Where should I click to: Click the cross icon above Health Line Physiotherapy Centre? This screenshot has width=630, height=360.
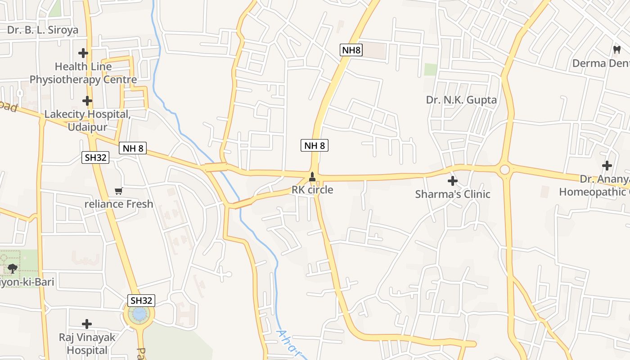pos(83,53)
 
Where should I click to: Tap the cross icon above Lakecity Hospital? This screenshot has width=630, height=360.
pos(87,101)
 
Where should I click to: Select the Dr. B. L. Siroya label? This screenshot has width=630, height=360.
pos(43,30)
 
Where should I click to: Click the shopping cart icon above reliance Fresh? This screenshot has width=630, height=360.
pos(119,191)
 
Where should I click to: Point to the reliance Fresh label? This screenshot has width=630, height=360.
pos(119,204)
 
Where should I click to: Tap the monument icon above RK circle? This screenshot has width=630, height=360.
pos(312,177)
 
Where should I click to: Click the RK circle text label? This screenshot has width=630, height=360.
pos(312,190)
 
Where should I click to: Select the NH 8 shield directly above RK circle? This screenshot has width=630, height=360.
pos(314,145)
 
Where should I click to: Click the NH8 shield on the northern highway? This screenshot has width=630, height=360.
pos(351,50)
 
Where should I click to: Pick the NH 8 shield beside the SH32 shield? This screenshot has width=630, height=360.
pos(133,148)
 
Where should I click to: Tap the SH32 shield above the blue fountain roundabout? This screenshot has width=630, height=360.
pos(142,301)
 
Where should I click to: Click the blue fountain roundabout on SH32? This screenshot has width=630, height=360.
pos(139,314)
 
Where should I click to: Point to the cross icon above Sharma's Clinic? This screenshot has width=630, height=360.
pos(452,181)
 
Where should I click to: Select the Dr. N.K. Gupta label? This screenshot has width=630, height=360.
pos(461,100)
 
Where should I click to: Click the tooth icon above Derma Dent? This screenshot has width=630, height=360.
pos(616,49)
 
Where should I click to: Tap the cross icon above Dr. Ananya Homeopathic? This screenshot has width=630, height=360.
pos(607,166)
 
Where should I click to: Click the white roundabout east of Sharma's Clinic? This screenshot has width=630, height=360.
pos(504,170)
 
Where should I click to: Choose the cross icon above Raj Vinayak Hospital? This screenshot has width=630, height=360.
pos(87,324)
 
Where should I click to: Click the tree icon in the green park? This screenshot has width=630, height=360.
pos(13,269)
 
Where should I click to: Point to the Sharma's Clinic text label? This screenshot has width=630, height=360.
pos(452,194)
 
